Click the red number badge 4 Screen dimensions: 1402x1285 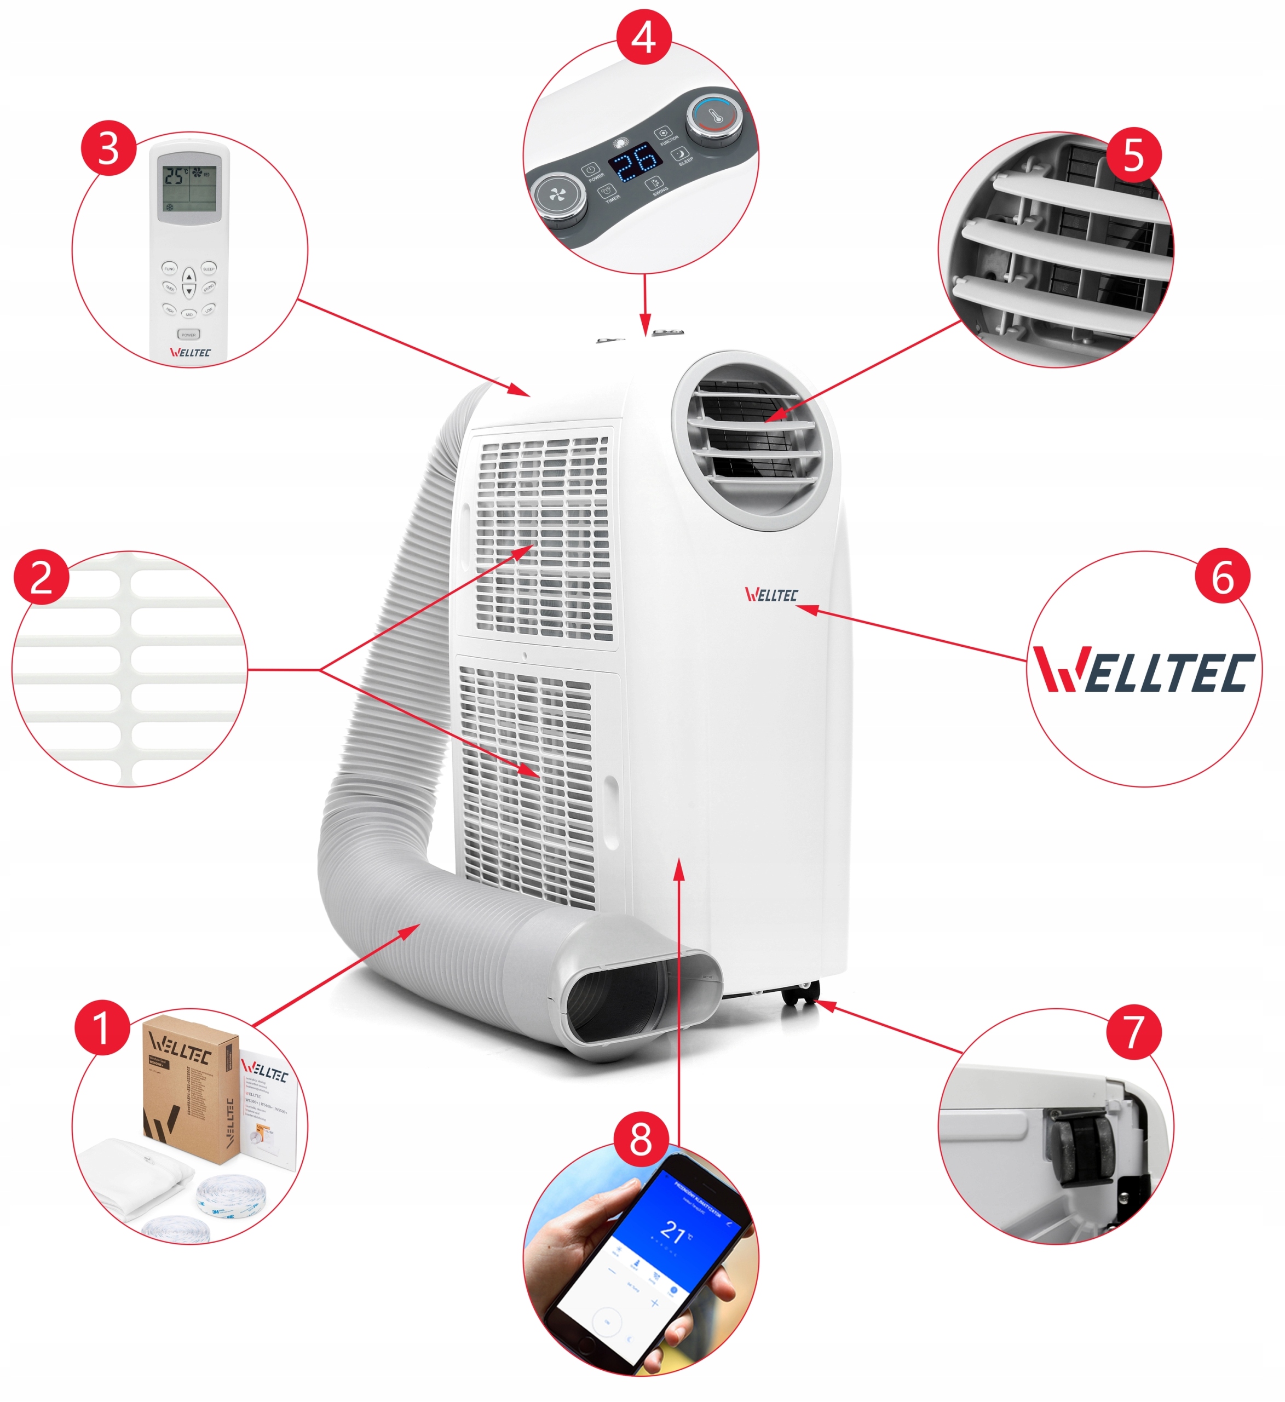coord(643,37)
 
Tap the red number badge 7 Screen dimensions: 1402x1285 coord(1133,1031)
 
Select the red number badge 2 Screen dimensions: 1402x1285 coord(41,577)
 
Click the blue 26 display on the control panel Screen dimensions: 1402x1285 coord(635,162)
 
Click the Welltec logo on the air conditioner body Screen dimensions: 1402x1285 coord(770,595)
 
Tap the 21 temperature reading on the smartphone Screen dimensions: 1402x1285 coord(672,1232)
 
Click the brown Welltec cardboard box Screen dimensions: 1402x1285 coord(188,1092)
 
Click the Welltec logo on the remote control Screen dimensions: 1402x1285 coord(190,352)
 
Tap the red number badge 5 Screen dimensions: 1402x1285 coord(1133,155)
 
